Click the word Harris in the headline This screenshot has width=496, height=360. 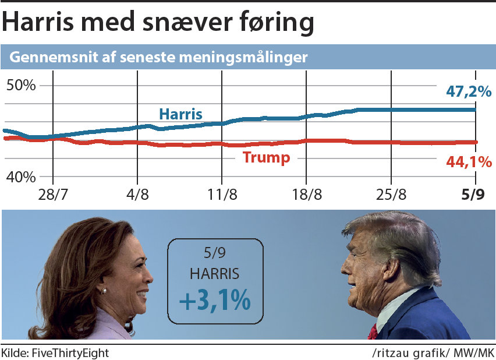click(38, 23)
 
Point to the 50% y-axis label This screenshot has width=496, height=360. click(21, 86)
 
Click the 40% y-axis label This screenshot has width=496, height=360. click(21, 176)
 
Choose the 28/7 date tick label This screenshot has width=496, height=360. click(53, 194)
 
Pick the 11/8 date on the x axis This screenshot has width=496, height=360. click(222, 194)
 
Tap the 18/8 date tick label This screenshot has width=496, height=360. click(307, 194)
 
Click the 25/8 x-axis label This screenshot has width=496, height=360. click(391, 194)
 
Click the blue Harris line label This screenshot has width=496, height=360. click(180, 114)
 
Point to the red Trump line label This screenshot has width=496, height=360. click(266, 158)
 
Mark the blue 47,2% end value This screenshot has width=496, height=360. click(469, 91)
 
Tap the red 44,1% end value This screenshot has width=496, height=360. click(469, 163)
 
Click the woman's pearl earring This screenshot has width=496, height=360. click(104, 290)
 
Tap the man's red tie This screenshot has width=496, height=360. click(373, 332)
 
